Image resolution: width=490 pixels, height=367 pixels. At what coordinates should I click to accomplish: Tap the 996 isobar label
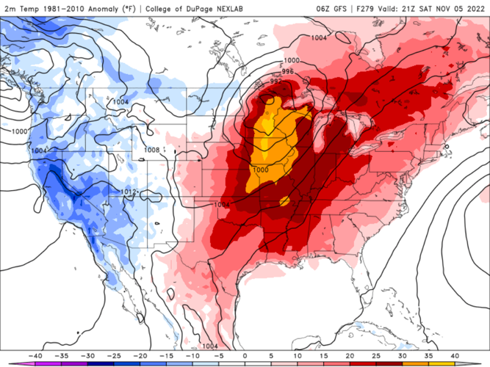click(288, 71)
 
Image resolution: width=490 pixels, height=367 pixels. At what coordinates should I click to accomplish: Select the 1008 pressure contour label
click(151, 150)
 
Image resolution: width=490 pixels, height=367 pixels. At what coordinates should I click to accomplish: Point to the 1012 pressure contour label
click(129, 192)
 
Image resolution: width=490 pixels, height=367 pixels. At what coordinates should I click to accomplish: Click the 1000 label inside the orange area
click(260, 170)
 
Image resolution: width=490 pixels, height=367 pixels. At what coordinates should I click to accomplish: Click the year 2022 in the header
click(475, 7)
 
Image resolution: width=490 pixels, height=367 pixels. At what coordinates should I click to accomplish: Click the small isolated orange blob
click(284, 201)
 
